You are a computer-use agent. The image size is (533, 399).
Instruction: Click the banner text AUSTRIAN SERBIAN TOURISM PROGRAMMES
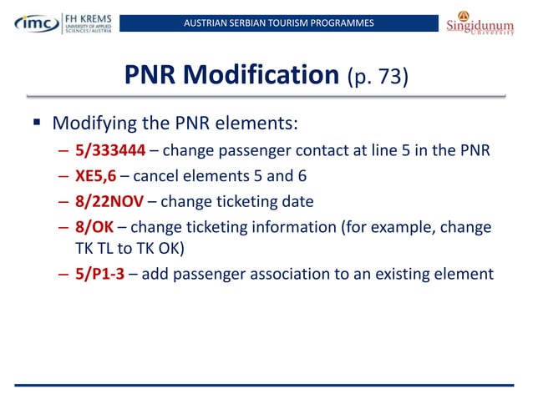(278, 22)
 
